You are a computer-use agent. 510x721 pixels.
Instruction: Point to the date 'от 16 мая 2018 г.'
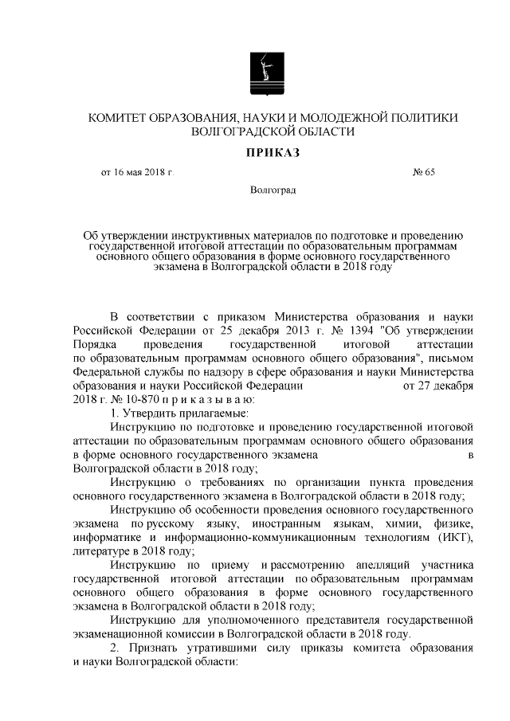click(136, 172)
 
